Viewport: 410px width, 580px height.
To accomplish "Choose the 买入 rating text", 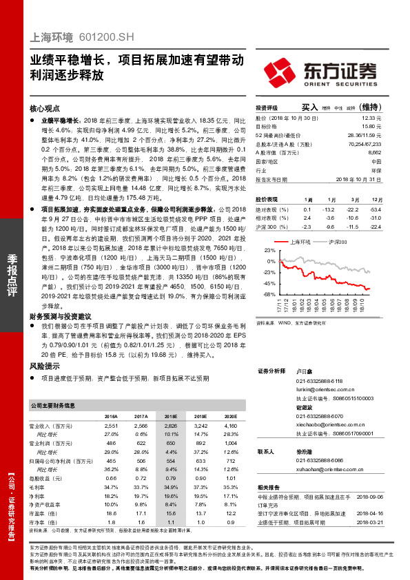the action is [310, 107].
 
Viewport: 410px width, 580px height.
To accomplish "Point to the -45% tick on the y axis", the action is [269, 283].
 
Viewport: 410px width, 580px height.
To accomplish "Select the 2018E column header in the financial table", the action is [171, 417].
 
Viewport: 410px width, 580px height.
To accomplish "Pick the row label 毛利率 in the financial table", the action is [37, 488].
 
